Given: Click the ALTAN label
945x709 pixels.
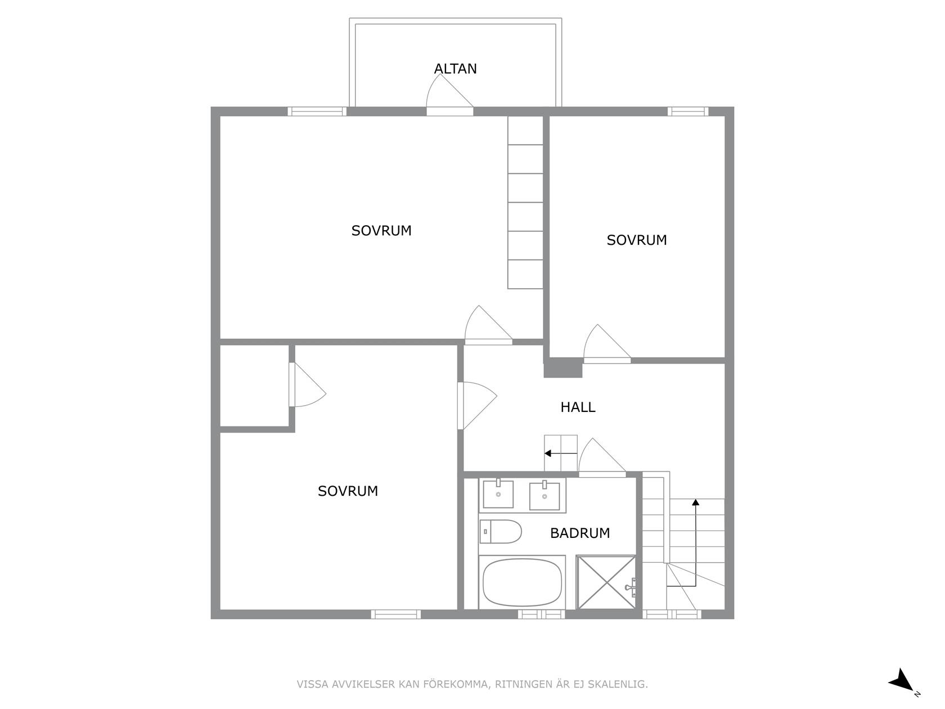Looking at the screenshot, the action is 455,69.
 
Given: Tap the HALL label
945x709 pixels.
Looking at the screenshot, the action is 578,407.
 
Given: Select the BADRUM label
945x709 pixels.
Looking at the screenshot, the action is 580,533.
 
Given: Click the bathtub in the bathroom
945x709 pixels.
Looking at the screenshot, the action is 522,582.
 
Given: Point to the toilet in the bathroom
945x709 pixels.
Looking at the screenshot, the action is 501,532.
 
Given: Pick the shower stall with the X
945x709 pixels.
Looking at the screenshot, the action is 606,582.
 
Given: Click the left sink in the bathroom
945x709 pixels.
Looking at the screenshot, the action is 498,494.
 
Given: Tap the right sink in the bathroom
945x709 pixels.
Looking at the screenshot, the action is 544,496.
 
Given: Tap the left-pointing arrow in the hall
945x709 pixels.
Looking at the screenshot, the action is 561,454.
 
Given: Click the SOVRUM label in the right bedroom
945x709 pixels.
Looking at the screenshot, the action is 637,240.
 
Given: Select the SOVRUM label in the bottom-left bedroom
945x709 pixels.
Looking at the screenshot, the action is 348,491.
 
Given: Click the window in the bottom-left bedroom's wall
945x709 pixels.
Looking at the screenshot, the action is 395,614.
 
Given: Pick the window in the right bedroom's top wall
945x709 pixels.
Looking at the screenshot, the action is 687,111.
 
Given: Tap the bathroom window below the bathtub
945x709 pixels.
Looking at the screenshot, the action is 541,614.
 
